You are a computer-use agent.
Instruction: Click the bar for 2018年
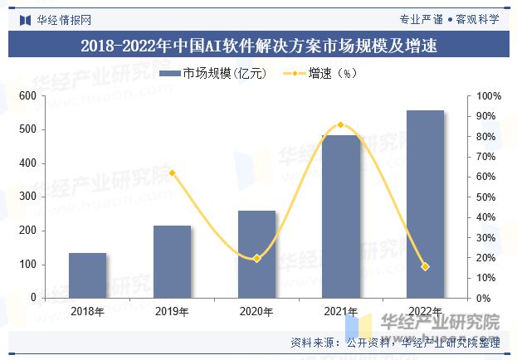[87, 275]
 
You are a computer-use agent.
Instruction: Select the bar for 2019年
[172, 261]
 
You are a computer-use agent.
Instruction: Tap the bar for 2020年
[256, 254]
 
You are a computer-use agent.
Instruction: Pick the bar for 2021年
[341, 216]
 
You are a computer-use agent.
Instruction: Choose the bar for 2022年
[425, 204]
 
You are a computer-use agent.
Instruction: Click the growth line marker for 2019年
[172, 173]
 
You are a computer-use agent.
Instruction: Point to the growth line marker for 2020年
[256, 258]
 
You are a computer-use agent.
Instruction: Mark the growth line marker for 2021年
[341, 125]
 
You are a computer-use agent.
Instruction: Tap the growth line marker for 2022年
[425, 266]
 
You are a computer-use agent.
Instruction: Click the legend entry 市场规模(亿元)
[214, 74]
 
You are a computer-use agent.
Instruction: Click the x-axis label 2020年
[256, 312]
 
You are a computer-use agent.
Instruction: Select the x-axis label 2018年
[87, 312]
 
